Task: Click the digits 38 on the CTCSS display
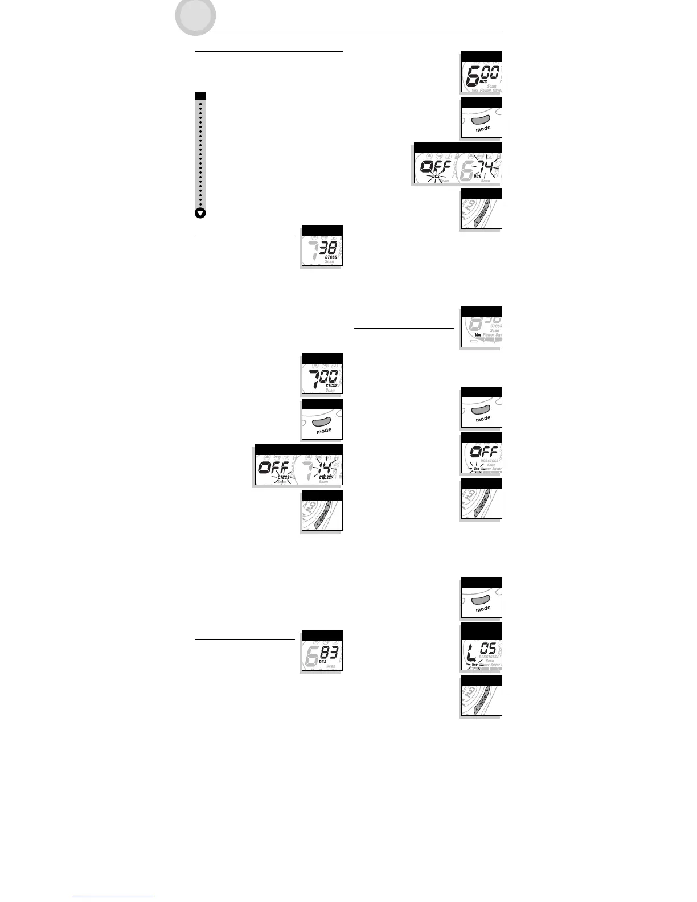[x=328, y=247]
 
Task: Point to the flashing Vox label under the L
[x=474, y=665]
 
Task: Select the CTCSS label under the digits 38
[x=331, y=257]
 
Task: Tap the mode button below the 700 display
[x=322, y=422]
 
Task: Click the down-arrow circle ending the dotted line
[x=200, y=214]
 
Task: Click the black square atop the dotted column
[x=200, y=96]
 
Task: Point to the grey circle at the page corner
[x=195, y=16]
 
